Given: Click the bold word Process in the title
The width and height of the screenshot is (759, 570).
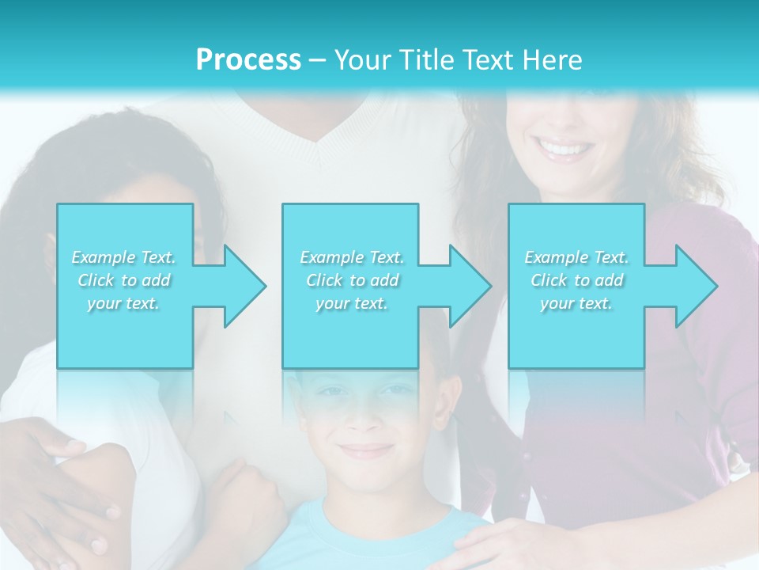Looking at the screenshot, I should click(x=248, y=60).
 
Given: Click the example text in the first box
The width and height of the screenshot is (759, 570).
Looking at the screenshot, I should click(x=124, y=280).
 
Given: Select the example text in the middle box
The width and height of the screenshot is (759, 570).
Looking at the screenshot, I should click(x=351, y=280).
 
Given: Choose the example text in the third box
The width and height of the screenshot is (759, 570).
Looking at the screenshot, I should click(x=576, y=280).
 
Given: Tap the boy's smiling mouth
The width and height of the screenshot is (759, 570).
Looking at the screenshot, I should click(x=366, y=450).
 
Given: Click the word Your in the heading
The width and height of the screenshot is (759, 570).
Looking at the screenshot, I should click(x=361, y=60).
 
